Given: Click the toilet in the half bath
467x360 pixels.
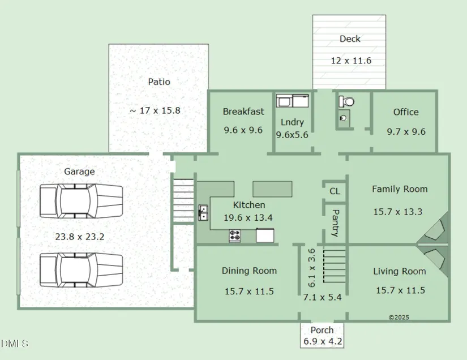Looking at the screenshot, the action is tap(346, 101).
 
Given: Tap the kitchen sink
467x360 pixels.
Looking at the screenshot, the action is tap(203, 213).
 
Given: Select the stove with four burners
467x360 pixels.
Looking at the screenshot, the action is tap(235, 235).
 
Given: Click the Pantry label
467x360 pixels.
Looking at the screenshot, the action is tap(335, 222).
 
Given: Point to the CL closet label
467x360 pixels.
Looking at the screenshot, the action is tap(335, 191).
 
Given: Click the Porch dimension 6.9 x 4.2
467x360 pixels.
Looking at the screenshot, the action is tap(323, 341).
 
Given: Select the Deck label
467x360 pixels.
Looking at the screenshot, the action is tap(350, 38).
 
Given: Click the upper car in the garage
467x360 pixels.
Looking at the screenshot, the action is tap(82, 201).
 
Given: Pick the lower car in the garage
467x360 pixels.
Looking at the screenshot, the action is tap(82, 270).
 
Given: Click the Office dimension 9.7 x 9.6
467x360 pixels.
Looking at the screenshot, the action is tap(406, 132).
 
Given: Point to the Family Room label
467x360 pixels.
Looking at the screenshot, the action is tap(400, 189).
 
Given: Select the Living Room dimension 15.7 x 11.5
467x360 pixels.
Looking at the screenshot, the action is tap(400, 290).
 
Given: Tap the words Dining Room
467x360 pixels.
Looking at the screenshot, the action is tap(249, 271).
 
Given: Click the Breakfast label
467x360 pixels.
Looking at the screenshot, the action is tap(243, 112).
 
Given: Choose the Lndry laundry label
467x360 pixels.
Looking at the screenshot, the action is tap(292, 122).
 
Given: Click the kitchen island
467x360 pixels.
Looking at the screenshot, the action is tap(272, 189).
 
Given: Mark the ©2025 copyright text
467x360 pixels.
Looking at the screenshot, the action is tap(399, 318).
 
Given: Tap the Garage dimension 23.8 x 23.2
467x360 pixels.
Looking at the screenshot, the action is tap(79, 237).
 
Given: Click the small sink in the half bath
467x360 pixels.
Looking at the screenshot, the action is tap(343, 118).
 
